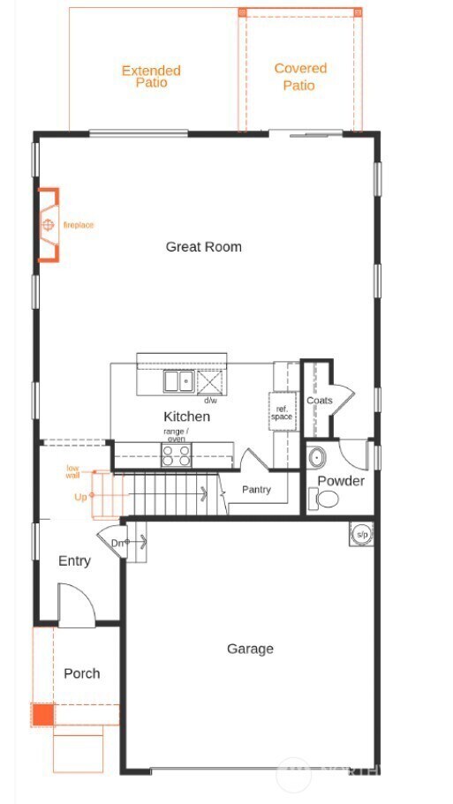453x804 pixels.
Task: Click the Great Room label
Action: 203,247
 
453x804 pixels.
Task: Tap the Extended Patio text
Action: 151,76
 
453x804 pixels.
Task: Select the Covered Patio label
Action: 299,77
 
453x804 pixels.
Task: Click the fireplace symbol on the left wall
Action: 48,225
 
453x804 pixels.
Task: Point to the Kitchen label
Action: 186,416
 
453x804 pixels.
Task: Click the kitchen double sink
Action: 178,381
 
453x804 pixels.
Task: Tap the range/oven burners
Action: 177,455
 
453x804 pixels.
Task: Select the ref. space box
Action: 283,412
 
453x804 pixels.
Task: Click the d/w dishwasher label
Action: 210,400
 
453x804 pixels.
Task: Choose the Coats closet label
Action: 319,401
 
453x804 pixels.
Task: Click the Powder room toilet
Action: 325,500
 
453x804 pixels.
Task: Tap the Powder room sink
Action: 317,458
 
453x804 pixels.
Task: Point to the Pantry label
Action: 256,490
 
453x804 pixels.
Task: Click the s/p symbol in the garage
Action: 362,534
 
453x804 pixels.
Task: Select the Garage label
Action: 250,649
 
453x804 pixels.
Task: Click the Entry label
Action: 74,560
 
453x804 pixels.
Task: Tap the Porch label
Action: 81,673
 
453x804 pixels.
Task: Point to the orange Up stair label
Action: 80,497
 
